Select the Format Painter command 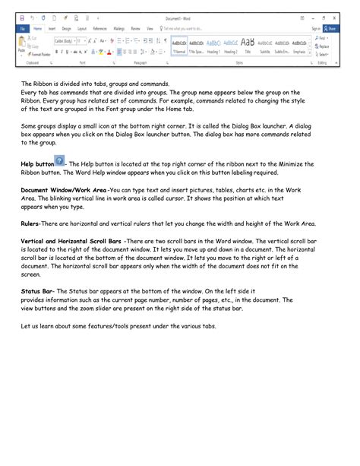(x=39, y=55)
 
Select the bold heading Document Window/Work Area (x=64, y=190)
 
